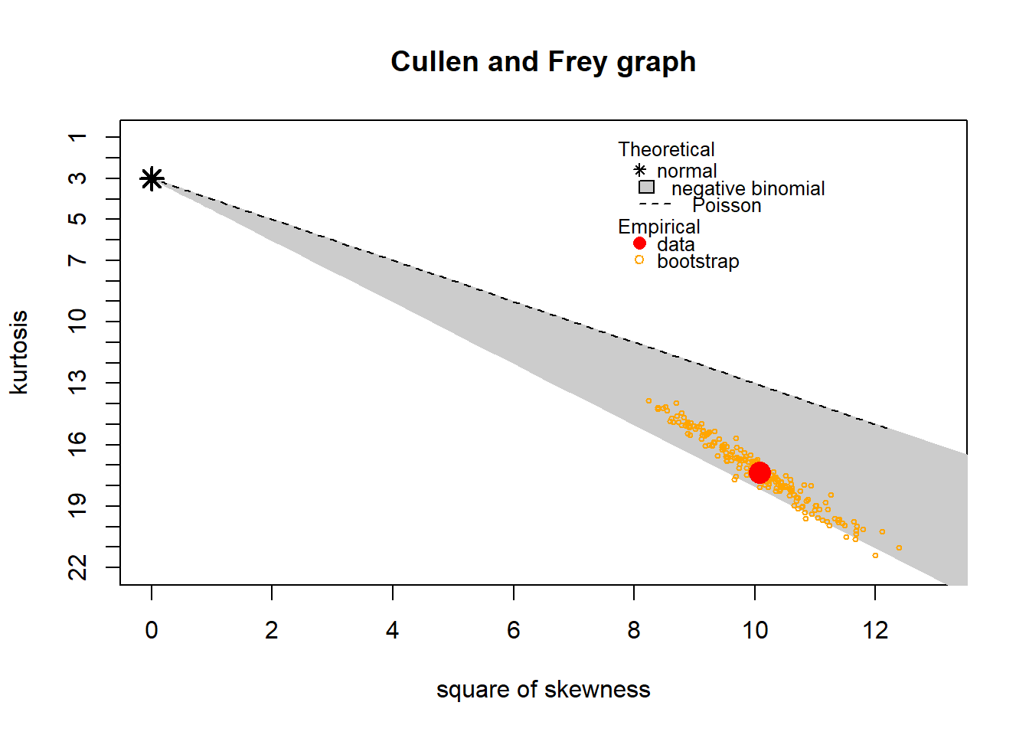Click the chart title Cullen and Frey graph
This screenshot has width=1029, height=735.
543,61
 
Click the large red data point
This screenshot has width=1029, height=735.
759,473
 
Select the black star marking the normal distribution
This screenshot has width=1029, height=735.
152,179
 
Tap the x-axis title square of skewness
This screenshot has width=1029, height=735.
543,689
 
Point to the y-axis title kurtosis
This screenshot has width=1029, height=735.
18,352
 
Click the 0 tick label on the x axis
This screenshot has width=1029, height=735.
152,630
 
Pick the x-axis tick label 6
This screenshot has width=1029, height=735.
513,630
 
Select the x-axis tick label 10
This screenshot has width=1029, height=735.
755,630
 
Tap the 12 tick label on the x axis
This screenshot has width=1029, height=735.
875,630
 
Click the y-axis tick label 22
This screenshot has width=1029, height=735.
77,567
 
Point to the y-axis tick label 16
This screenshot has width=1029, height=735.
77,444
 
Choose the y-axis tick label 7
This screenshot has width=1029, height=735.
77,260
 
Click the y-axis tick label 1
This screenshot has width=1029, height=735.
77,137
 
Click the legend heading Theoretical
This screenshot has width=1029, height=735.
666,149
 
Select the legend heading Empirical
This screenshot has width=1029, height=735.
658,227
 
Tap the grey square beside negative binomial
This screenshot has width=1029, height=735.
646,187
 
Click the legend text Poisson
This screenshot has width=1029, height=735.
727,206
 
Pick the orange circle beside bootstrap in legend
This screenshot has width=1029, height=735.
639,260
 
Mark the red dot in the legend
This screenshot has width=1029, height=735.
639,243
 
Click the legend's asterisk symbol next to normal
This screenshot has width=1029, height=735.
640,170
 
